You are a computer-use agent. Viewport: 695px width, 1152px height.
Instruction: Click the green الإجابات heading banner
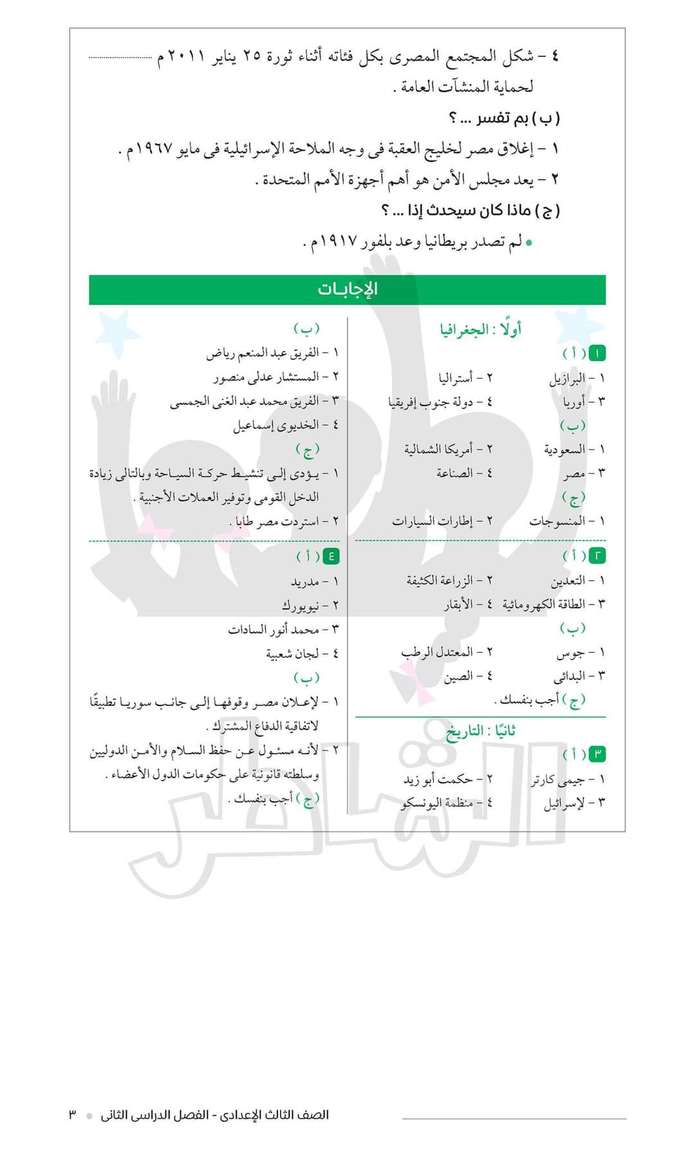coord(347,290)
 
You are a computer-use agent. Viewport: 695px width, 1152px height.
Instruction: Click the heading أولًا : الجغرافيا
coord(480,330)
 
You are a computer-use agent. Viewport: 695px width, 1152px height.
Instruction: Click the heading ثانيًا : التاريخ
coord(481,732)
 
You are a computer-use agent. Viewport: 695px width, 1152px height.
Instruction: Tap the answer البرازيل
coord(567,378)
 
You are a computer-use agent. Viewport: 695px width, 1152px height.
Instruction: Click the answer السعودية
coord(564,449)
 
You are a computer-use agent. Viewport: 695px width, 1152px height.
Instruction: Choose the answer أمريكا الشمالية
coord(438,449)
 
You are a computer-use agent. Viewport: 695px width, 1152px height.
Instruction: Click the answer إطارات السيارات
coord(432,521)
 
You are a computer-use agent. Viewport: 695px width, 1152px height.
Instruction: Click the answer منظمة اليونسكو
coord(437,803)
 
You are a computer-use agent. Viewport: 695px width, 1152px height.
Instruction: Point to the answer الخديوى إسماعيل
coord(276,425)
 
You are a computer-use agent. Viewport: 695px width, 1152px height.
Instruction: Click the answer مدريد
coord(305,582)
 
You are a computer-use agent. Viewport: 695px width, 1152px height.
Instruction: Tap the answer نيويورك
coord(301,606)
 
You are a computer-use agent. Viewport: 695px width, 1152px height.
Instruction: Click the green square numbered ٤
coord(331,556)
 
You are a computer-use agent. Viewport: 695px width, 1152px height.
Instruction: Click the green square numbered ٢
coord(597,556)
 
